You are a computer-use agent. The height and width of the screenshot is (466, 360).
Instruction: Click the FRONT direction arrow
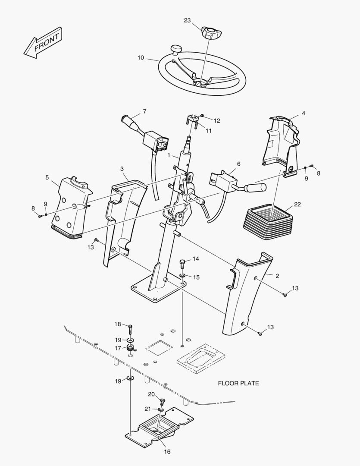(43, 43)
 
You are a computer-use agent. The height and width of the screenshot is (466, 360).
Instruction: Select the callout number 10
(141, 58)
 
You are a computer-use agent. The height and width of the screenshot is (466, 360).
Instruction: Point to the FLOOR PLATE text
(238, 384)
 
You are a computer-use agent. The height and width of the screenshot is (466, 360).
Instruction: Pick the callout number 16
(167, 452)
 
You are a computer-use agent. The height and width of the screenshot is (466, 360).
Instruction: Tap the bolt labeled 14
(182, 264)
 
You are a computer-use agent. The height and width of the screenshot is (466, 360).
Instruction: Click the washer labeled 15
(182, 277)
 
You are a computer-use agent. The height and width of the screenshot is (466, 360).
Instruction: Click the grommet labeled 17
(130, 348)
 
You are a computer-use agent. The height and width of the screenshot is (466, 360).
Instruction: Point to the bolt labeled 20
(162, 402)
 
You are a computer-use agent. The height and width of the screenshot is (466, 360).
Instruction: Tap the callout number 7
(145, 111)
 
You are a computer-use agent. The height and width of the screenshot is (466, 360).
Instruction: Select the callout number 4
(303, 113)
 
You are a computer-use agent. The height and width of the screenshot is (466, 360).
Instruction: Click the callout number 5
(47, 177)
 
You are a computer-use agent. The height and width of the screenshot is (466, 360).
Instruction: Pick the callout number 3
(122, 169)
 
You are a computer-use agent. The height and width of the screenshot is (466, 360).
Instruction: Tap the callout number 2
(277, 276)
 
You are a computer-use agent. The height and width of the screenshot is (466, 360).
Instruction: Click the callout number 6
(239, 164)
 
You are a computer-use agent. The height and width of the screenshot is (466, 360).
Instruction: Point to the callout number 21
(148, 409)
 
